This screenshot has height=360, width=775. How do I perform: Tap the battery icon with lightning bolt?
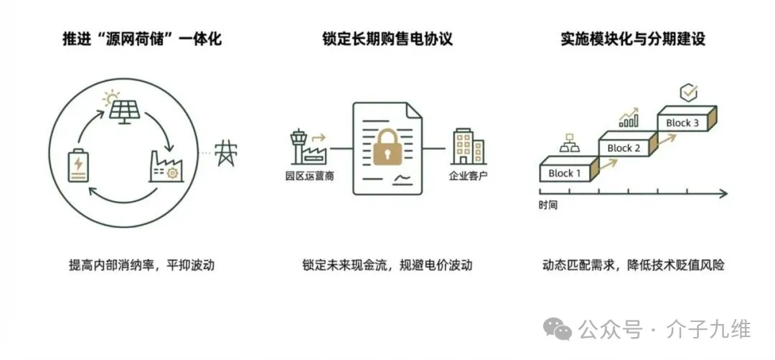pos(76,166)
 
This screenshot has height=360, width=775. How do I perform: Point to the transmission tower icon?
pos(227,152)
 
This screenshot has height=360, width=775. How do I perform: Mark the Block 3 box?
pos(685,123)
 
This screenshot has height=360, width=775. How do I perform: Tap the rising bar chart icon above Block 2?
pos(629,118)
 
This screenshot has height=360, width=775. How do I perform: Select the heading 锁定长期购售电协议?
pos(387,39)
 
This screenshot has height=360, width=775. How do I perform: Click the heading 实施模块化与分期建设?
pos(633,39)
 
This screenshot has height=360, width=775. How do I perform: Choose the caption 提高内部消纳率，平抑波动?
pos(137,265)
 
